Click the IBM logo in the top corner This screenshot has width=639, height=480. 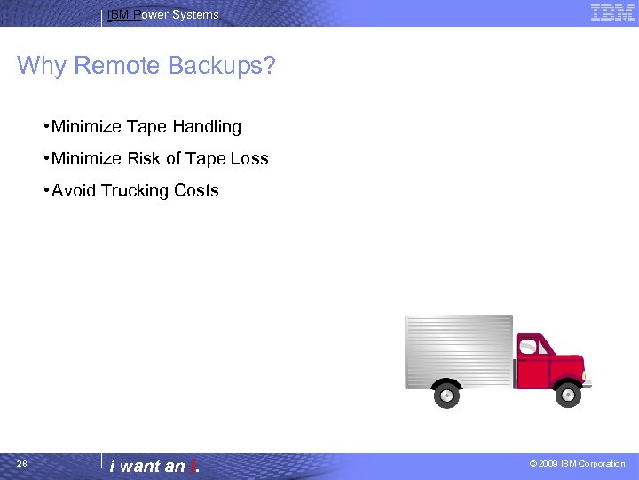(612, 12)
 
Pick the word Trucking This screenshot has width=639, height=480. (136, 191)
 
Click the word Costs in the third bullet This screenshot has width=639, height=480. (197, 191)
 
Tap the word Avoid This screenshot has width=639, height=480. (74, 191)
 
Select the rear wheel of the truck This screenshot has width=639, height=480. (446, 395)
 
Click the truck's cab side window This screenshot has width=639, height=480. (532, 345)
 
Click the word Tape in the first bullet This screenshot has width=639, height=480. (147, 127)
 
